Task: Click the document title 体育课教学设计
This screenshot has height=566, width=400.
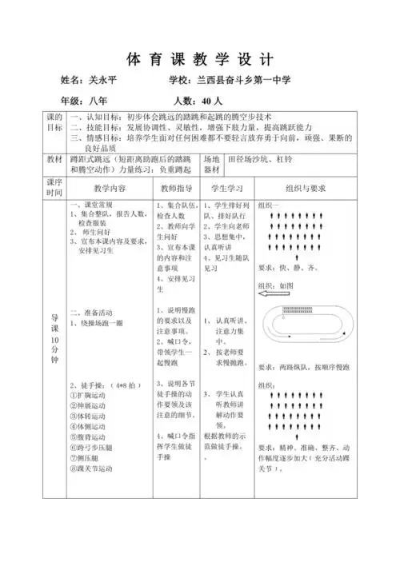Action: point(200,60)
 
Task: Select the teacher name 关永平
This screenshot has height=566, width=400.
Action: point(101,82)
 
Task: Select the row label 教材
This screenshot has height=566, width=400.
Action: point(54,159)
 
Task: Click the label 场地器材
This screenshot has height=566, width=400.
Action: point(211,164)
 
